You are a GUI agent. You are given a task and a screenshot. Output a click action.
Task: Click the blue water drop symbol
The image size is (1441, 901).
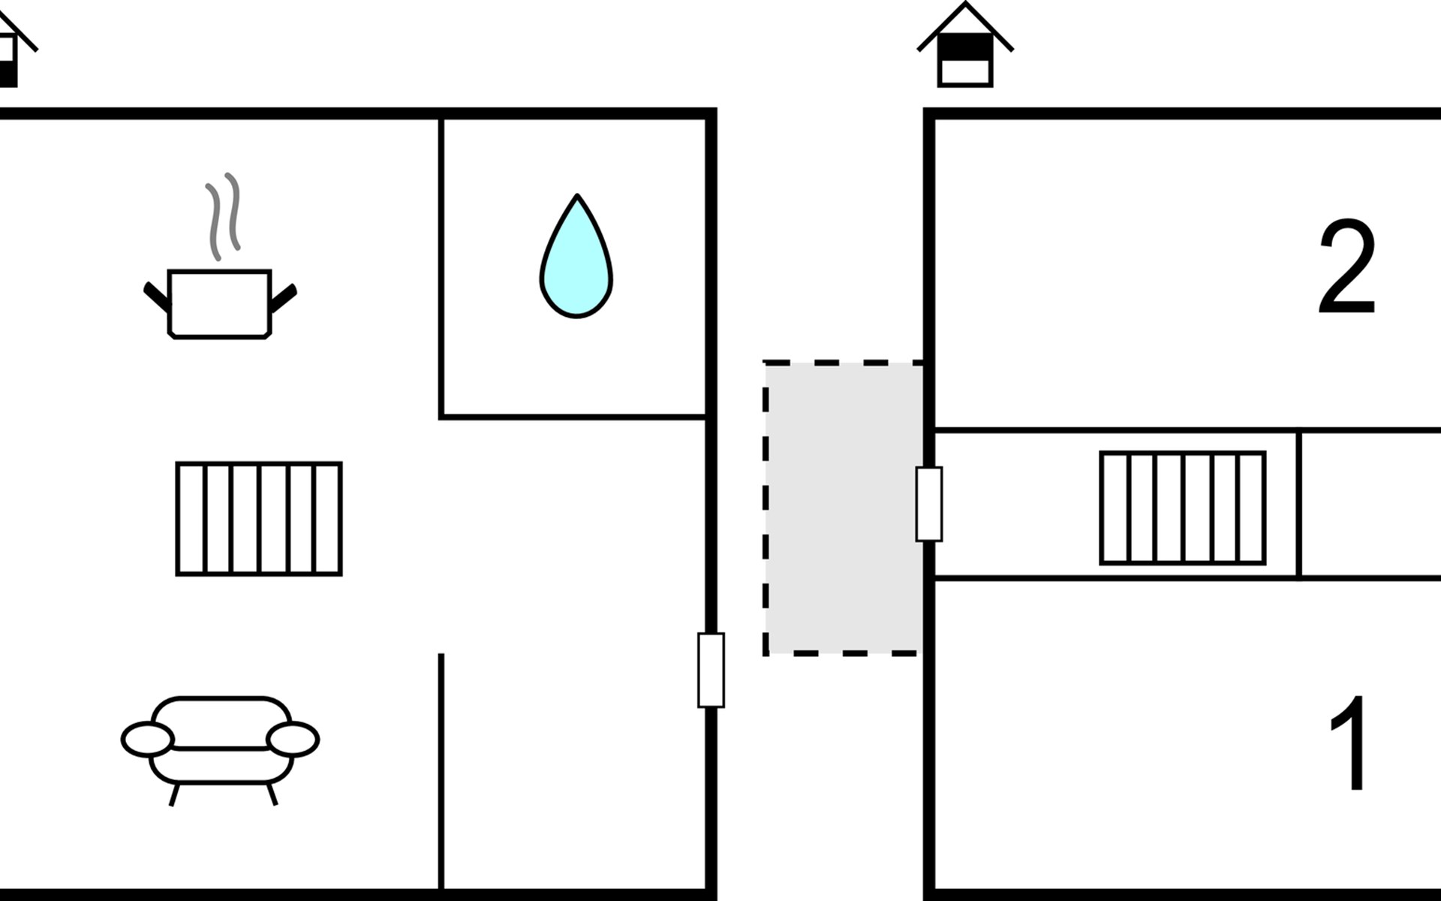coord(576,259)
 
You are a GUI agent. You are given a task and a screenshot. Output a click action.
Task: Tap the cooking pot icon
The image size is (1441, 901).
coord(219,303)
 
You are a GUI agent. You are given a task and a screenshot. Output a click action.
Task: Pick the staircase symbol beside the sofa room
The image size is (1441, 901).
coord(259,519)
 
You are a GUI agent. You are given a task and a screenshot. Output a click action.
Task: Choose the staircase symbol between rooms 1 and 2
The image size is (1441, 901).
coord(1182,508)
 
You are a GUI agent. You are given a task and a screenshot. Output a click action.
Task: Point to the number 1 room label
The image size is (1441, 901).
coord(1349,743)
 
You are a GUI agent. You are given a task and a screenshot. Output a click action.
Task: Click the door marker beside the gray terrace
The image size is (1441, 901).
coord(928,504)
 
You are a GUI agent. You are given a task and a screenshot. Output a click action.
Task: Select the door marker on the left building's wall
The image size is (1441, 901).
coord(711,670)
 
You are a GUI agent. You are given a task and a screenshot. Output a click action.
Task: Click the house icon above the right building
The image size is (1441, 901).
coord(965,47)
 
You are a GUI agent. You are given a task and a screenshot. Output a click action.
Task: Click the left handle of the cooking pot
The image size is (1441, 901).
coord(157,297)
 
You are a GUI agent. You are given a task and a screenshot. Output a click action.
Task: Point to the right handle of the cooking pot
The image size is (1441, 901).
coord(283,297)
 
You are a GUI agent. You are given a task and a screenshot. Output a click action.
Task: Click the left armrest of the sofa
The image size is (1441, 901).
coord(147,739)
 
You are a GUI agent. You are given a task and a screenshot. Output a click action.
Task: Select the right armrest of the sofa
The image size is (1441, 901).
coord(293,739)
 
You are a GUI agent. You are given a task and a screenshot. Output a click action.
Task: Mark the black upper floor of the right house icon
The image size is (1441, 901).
coord(965,47)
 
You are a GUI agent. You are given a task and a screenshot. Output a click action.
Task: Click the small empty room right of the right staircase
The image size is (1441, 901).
coord(1370,505)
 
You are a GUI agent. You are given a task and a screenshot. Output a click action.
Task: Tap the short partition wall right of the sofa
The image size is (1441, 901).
coord(441,770)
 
